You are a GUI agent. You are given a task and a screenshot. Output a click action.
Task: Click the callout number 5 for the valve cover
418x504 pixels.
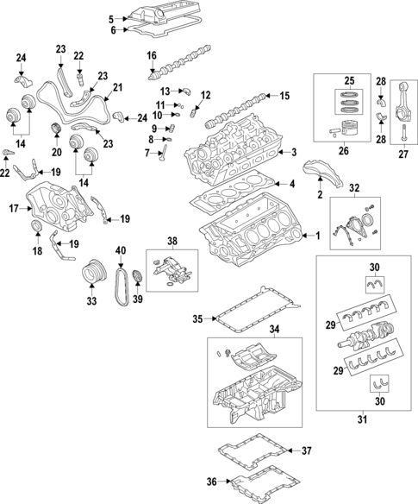point(111,19)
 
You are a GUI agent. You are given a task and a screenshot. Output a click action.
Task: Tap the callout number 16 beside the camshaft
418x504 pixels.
point(152,55)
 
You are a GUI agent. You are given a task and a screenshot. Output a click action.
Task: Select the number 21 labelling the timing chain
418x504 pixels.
point(118,87)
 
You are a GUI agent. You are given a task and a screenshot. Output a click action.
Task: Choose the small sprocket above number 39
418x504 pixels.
point(137,277)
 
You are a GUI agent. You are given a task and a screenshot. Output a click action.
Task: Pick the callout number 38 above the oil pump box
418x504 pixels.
point(172,241)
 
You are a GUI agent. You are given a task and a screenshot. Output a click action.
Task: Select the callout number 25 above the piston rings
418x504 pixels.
point(349,80)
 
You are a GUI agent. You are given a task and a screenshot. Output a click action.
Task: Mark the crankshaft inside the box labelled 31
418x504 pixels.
point(366,337)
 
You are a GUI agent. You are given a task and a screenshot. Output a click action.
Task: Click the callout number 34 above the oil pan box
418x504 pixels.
point(274,329)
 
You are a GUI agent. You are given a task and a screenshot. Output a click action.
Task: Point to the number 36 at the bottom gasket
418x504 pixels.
point(212,482)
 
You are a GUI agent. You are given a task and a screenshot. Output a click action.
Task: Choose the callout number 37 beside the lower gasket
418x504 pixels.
point(307,450)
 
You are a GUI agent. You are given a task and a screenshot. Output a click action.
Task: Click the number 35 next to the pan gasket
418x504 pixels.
point(197,318)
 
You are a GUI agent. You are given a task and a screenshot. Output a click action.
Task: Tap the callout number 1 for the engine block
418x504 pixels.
point(318,236)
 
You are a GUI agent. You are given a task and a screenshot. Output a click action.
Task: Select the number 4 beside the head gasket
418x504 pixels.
point(292,184)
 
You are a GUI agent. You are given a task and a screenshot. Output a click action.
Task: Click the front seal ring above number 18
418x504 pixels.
point(37,226)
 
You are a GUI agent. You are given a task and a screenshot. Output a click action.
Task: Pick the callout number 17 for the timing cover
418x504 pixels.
point(14,209)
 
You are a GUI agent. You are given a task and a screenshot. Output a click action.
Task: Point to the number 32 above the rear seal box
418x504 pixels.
point(354,188)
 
